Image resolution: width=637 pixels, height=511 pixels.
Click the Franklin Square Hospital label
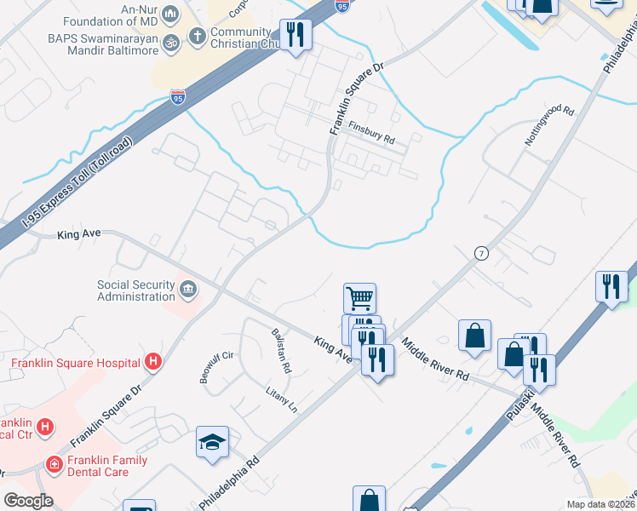click(75, 363)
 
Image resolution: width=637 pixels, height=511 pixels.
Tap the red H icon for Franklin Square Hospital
click(152, 363)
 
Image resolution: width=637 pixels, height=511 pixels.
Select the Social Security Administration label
click(136, 290)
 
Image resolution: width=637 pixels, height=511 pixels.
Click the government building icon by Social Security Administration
click(188, 290)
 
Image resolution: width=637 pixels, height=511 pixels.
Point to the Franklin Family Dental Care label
click(109, 467)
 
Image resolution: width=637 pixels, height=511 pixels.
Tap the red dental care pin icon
click(54, 464)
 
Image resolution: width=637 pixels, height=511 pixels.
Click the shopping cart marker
click(359, 298)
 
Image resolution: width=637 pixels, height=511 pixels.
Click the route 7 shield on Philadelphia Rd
click(481, 253)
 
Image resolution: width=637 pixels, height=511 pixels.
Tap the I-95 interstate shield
click(178, 97)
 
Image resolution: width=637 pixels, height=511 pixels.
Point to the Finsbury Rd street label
click(372, 132)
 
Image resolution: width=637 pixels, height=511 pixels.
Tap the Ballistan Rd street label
click(281, 351)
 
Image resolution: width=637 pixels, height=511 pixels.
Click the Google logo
click(28, 500)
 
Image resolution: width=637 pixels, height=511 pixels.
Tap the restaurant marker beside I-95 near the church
click(296, 35)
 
